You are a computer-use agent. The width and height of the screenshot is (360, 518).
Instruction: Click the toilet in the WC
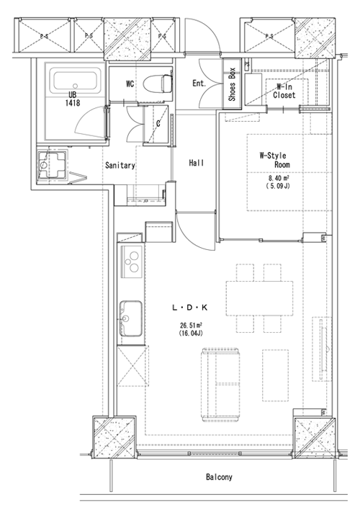point(158,84)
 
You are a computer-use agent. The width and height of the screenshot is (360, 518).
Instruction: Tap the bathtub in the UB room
point(76,80)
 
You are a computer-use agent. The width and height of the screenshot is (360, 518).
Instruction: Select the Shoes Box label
point(232,84)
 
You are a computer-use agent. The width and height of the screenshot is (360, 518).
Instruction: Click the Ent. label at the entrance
point(199,84)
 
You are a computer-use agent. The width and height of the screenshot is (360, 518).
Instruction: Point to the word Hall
point(196,163)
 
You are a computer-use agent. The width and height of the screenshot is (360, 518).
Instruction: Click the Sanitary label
point(120,165)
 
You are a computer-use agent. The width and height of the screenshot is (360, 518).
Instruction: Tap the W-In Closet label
point(284,91)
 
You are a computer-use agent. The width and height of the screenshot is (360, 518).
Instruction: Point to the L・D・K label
point(189,308)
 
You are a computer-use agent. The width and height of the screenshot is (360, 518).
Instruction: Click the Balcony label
point(219,477)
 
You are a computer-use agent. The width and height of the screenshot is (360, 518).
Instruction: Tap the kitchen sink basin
point(131,318)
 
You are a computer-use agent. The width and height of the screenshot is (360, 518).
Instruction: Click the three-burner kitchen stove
point(132,262)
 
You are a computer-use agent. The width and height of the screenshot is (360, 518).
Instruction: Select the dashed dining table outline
point(259,298)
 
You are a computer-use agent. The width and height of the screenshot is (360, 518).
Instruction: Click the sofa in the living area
point(220,385)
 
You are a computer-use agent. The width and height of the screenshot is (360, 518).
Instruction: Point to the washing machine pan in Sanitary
point(52,164)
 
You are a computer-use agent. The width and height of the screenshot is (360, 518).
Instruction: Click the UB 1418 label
point(72,99)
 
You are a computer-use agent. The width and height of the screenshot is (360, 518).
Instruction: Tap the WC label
point(130,84)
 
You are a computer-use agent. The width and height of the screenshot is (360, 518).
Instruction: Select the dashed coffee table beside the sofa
point(276,375)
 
